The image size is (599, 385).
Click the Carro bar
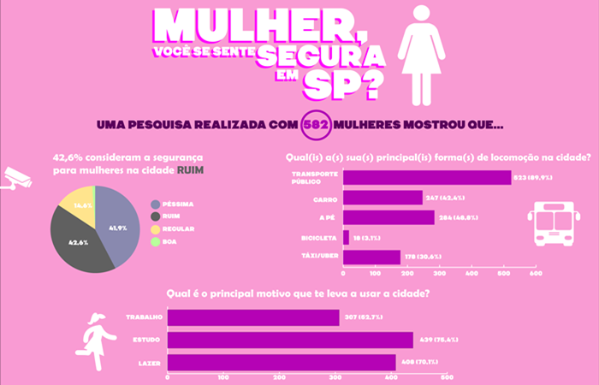383,198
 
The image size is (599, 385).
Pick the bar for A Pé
388,217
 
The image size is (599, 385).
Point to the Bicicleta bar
346,237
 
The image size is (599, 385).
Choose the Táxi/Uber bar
371,257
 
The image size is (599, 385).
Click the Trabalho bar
217,318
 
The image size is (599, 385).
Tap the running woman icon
95,334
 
